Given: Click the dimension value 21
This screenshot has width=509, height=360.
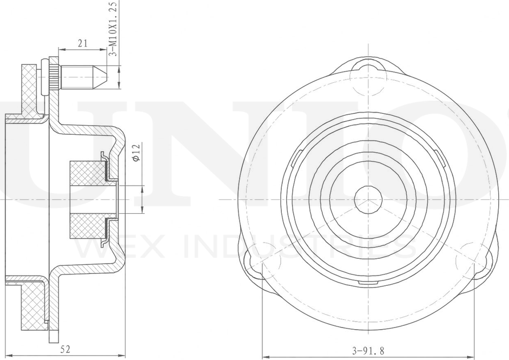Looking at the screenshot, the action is [x=83, y=43].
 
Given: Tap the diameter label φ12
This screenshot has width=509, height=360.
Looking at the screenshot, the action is [x=136, y=152].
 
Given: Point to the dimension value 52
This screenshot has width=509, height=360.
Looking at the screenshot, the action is [x=65, y=349].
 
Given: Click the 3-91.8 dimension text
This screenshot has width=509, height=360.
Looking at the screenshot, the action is [x=368, y=351].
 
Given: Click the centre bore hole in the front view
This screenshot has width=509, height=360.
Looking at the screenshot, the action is [x=368, y=199].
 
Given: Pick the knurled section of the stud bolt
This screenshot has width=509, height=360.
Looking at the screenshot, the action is [x=55, y=77].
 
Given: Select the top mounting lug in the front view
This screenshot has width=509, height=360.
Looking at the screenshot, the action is [x=369, y=74].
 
